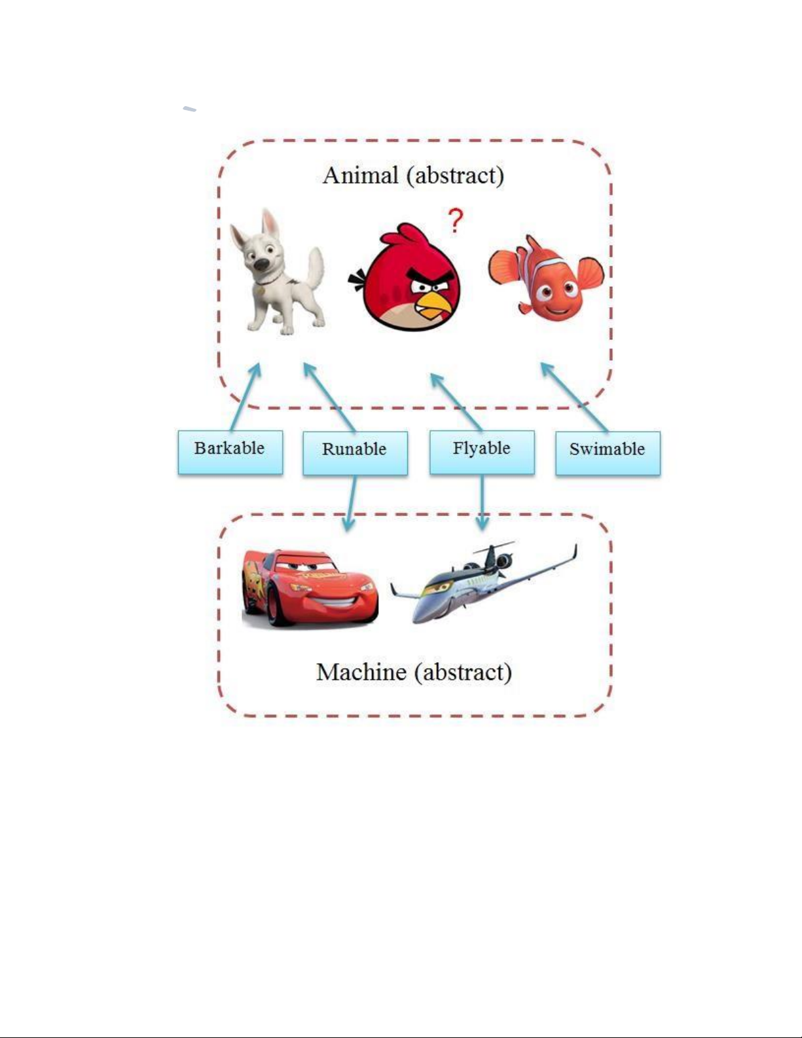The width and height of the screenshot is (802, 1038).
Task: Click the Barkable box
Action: (230, 452)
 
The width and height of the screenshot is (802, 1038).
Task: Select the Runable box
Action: (355, 453)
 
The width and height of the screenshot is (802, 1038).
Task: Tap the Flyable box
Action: (482, 452)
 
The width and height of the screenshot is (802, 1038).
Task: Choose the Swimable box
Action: (608, 453)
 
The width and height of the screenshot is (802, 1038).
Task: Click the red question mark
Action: (455, 221)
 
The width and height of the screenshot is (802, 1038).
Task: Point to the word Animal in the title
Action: (361, 176)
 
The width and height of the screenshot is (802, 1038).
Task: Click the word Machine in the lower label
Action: (361, 672)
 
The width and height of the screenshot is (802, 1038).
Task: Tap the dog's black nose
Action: (260, 264)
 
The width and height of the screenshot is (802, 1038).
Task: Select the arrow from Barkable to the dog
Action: (246, 397)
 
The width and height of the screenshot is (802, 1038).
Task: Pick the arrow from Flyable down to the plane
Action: (483, 502)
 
